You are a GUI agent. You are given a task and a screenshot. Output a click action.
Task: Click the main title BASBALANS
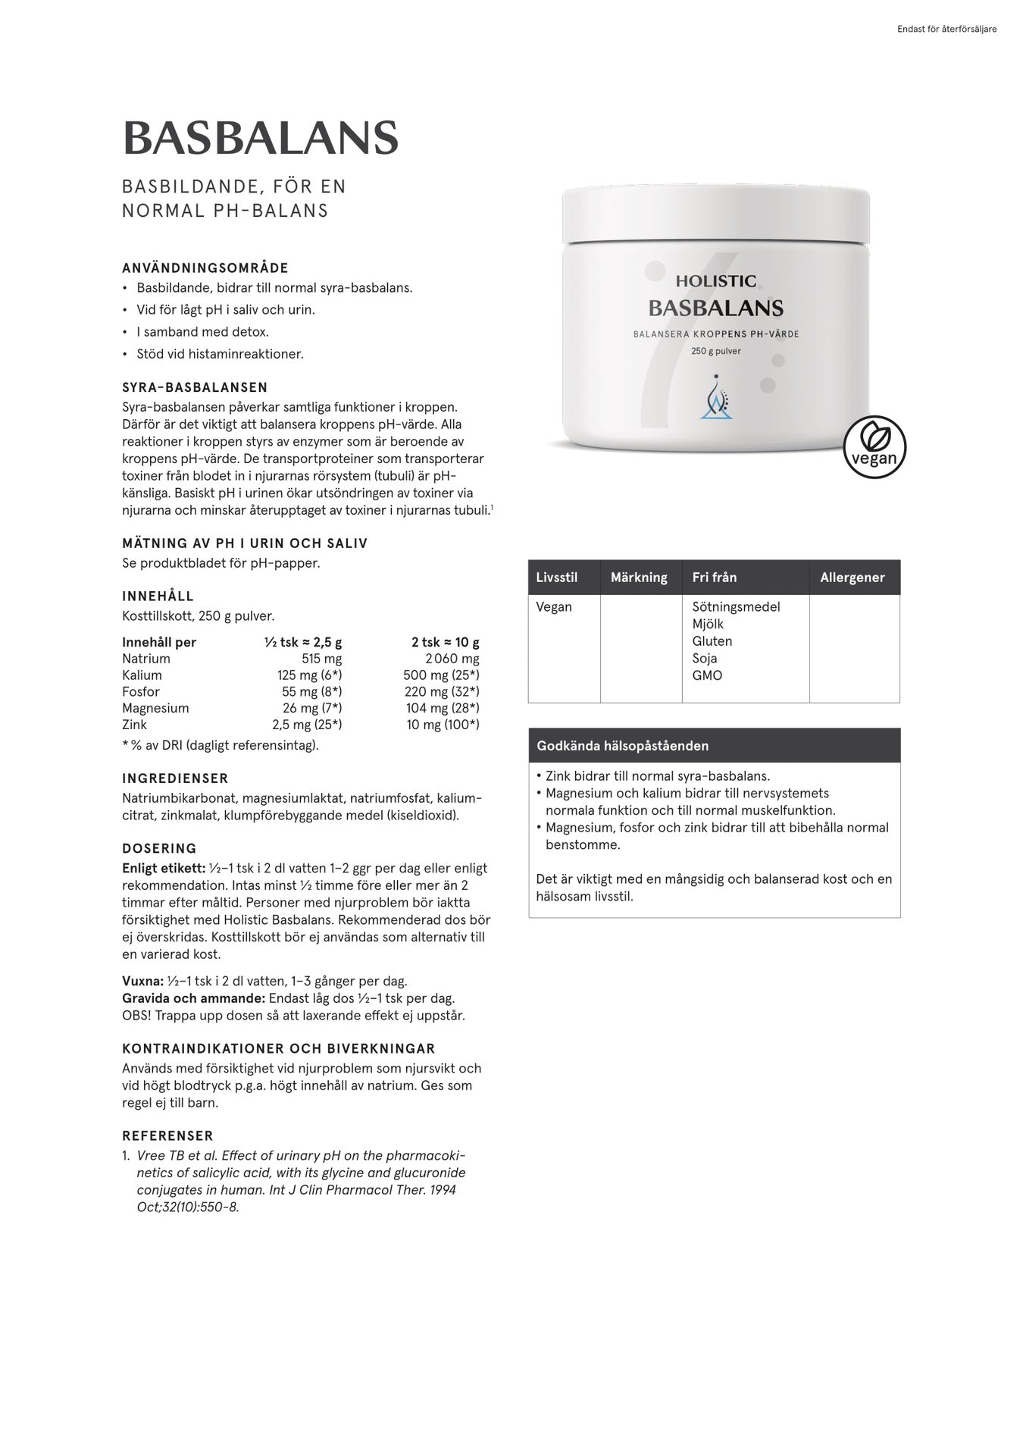point(260,138)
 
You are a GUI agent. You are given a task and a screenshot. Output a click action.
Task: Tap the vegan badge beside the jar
point(874,446)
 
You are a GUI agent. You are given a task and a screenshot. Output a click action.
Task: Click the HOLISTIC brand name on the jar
point(716,281)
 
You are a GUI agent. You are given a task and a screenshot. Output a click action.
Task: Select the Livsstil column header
point(557,578)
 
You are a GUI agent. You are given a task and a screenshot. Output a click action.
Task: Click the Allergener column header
point(852,578)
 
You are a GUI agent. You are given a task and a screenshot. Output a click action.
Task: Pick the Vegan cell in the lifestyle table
point(554,607)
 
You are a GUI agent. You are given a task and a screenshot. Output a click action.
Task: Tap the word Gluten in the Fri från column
point(712,641)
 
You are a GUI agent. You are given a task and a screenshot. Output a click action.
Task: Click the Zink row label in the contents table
point(136,725)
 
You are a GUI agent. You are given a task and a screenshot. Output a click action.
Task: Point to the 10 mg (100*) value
point(443,725)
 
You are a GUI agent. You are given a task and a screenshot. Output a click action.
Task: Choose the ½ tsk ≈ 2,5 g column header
point(303,642)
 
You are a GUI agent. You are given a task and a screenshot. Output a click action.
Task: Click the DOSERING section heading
point(159,848)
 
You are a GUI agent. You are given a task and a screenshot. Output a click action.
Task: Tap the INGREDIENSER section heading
point(175,778)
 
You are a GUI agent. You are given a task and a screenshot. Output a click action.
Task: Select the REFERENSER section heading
point(167,1135)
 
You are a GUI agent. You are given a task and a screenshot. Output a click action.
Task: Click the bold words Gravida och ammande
point(193,998)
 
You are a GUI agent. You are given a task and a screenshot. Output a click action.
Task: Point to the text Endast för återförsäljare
point(946,30)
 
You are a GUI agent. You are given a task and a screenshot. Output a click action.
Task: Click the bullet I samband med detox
point(202,332)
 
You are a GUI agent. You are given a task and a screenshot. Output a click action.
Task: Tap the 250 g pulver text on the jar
point(716,351)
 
